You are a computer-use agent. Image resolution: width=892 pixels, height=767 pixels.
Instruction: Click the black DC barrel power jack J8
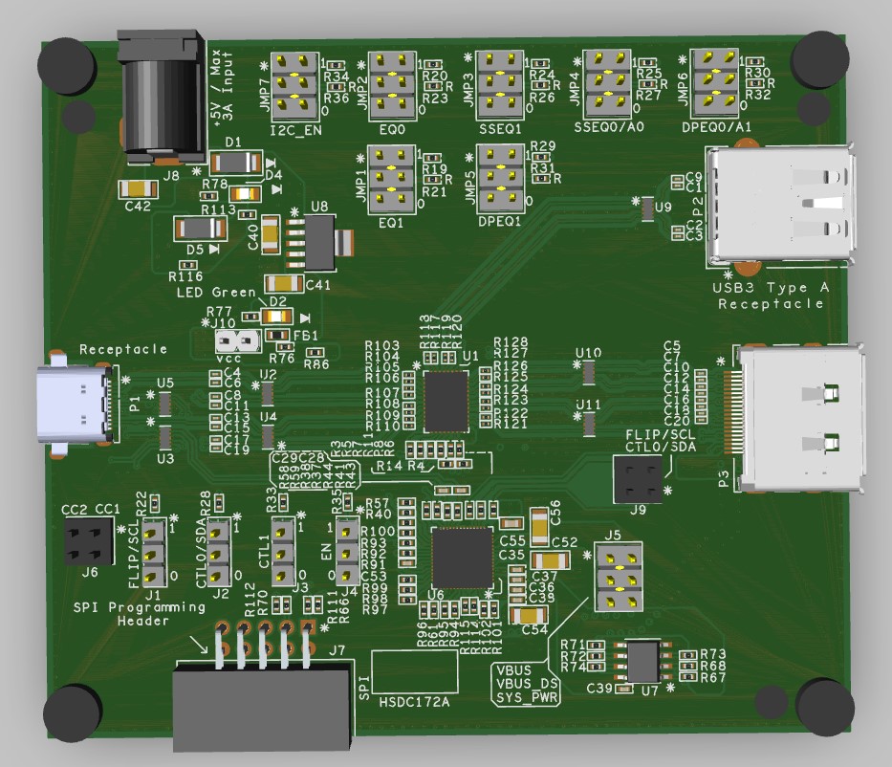(x=161, y=96)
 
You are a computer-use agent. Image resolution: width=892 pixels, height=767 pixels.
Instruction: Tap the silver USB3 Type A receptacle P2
(x=783, y=203)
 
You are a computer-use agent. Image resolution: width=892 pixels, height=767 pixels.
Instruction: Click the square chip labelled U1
(x=446, y=401)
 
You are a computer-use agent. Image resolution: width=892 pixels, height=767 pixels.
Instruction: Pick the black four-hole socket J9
(x=637, y=478)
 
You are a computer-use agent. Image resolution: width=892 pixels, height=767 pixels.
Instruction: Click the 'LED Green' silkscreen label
(x=216, y=293)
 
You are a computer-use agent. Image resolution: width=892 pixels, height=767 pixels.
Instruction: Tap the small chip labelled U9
(x=646, y=207)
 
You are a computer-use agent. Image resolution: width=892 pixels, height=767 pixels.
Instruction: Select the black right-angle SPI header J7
(x=261, y=698)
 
